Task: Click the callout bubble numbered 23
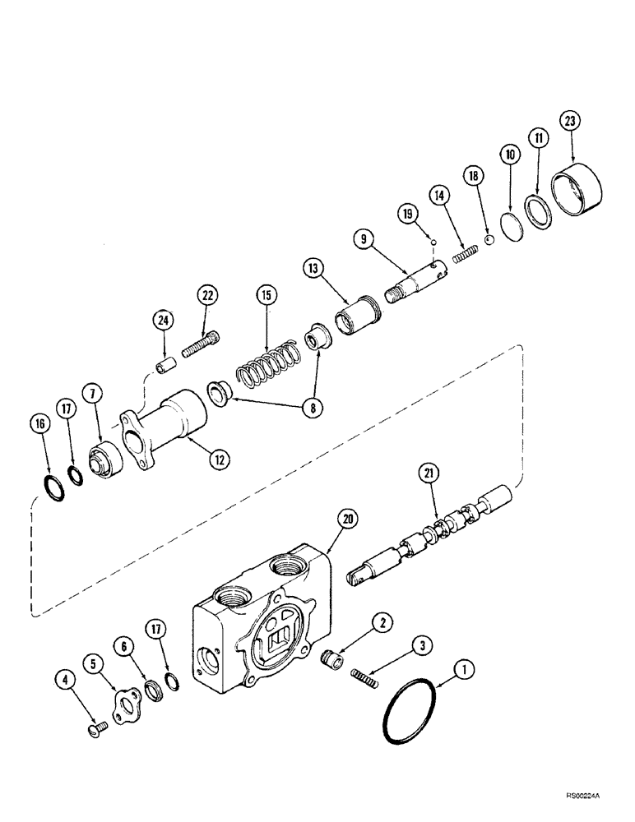[569, 122]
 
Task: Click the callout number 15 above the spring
[267, 295]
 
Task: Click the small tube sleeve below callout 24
[163, 363]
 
